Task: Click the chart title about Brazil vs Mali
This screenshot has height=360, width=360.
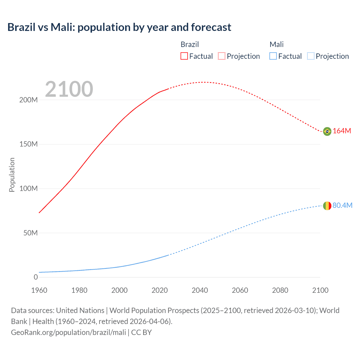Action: click(x=119, y=27)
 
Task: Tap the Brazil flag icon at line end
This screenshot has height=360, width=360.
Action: click(x=327, y=131)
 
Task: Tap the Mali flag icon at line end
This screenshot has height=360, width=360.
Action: click(x=327, y=206)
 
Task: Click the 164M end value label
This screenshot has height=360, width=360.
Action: click(x=342, y=131)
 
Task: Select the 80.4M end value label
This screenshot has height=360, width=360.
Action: click(x=342, y=206)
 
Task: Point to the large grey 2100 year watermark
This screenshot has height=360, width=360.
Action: click(x=69, y=89)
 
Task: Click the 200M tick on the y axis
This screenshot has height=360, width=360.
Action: click(x=28, y=100)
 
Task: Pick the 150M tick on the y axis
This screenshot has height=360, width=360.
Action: click(x=28, y=144)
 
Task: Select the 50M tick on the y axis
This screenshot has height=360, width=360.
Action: click(x=30, y=233)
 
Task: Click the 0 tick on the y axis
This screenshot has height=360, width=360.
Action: click(x=36, y=277)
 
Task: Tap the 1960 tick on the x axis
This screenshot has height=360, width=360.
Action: click(x=39, y=291)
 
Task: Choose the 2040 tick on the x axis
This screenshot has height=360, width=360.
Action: click(x=200, y=291)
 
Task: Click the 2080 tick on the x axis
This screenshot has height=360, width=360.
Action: click(x=280, y=291)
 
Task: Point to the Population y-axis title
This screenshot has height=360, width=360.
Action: click(x=12, y=175)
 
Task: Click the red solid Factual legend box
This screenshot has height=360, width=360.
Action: click(x=184, y=56)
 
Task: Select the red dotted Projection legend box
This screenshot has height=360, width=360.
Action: click(x=222, y=56)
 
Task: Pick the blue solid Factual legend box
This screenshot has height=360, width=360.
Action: click(x=273, y=56)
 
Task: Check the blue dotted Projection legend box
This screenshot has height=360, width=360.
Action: click(x=310, y=56)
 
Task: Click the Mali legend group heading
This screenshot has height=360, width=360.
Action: click(x=276, y=44)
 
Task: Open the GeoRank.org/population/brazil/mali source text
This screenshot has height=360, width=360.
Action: click(x=68, y=332)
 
